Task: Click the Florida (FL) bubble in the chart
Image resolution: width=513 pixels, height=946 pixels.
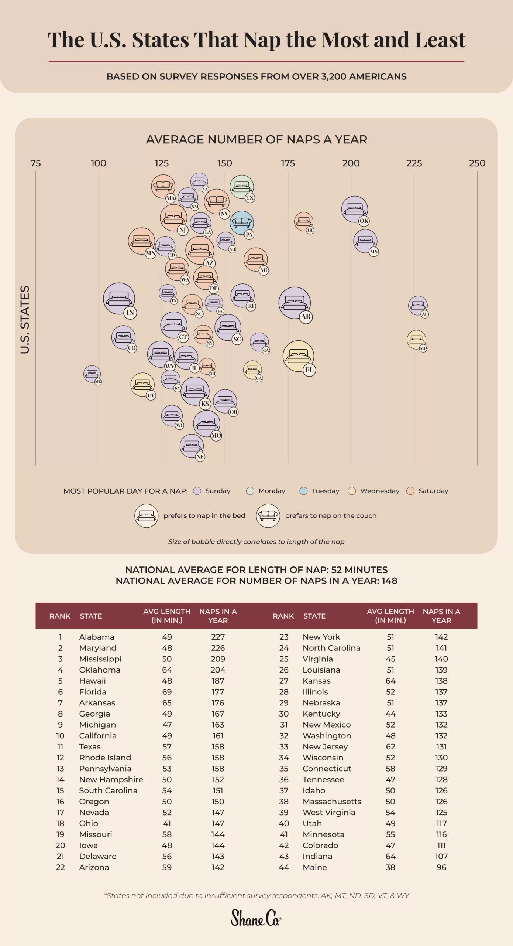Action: pos(298,356)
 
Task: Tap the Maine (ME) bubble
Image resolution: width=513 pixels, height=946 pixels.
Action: pos(92,374)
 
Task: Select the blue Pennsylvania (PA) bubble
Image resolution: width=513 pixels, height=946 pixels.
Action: pos(242,223)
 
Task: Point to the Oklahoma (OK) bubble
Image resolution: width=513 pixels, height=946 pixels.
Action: pos(354,209)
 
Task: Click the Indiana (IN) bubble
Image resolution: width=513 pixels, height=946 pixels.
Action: pos(119,299)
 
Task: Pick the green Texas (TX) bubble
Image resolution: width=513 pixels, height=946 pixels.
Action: pos(242,187)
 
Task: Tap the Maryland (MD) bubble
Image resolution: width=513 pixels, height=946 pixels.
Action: pos(416,340)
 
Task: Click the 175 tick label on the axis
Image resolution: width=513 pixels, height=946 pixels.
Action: pos(288,163)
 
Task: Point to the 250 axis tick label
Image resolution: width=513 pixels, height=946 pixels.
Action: pos(477,163)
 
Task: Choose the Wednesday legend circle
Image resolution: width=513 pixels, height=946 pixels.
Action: pos(352,491)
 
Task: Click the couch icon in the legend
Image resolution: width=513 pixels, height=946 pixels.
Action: pos(268,515)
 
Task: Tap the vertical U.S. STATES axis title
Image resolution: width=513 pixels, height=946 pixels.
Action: pos(25,319)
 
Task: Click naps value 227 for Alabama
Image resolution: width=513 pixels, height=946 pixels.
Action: pos(218,637)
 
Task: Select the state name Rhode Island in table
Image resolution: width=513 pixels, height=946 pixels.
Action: pos(105,757)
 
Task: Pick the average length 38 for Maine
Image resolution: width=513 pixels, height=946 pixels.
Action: pos(390,867)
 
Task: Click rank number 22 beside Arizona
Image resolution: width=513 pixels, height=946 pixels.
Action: pos(60,867)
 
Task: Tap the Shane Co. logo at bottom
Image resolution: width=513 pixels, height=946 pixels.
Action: pos(256,918)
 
